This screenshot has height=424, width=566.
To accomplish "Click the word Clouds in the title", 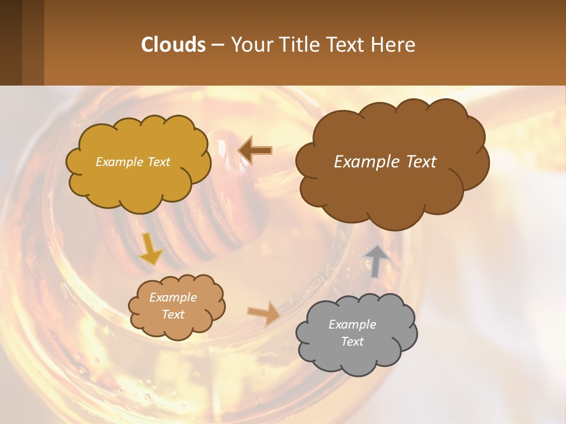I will tap(173, 45).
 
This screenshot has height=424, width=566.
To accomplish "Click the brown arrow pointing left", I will tap(255, 150).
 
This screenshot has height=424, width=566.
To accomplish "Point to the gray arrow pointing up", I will tap(376, 261).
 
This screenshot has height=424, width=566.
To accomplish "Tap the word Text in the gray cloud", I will tap(352, 342).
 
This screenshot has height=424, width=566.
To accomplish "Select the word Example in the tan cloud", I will tap(173, 297).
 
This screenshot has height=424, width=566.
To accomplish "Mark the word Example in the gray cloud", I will tap(352, 324).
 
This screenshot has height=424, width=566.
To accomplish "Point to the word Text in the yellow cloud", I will tap(159, 162).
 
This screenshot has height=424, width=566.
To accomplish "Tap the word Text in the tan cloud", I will tap(173, 314).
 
